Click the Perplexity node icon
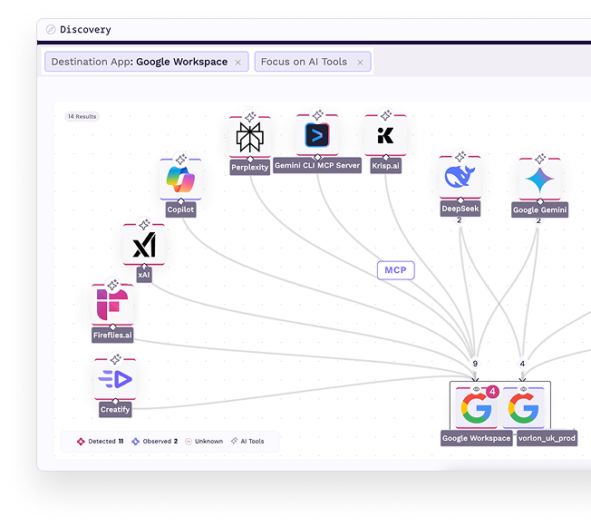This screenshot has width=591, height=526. [249, 137]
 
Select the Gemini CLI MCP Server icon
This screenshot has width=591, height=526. [317, 136]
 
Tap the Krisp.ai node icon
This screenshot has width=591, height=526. [385, 136]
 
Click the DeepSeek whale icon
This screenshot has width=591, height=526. [459, 177]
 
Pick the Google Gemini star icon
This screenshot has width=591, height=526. [539, 180]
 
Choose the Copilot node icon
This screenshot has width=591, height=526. [179, 180]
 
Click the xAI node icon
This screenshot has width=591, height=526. [144, 245]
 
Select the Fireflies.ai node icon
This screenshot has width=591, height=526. [112, 306]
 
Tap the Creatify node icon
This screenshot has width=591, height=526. [115, 379]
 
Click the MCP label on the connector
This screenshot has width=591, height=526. [395, 269]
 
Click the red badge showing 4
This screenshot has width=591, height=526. [492, 392]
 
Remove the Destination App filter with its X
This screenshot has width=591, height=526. [237, 63]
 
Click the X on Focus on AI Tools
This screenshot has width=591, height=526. [360, 63]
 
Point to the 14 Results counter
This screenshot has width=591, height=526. [82, 116]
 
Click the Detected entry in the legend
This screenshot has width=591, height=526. [101, 442]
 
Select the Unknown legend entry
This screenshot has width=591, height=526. [208, 442]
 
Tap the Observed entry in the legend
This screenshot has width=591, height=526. [156, 442]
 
